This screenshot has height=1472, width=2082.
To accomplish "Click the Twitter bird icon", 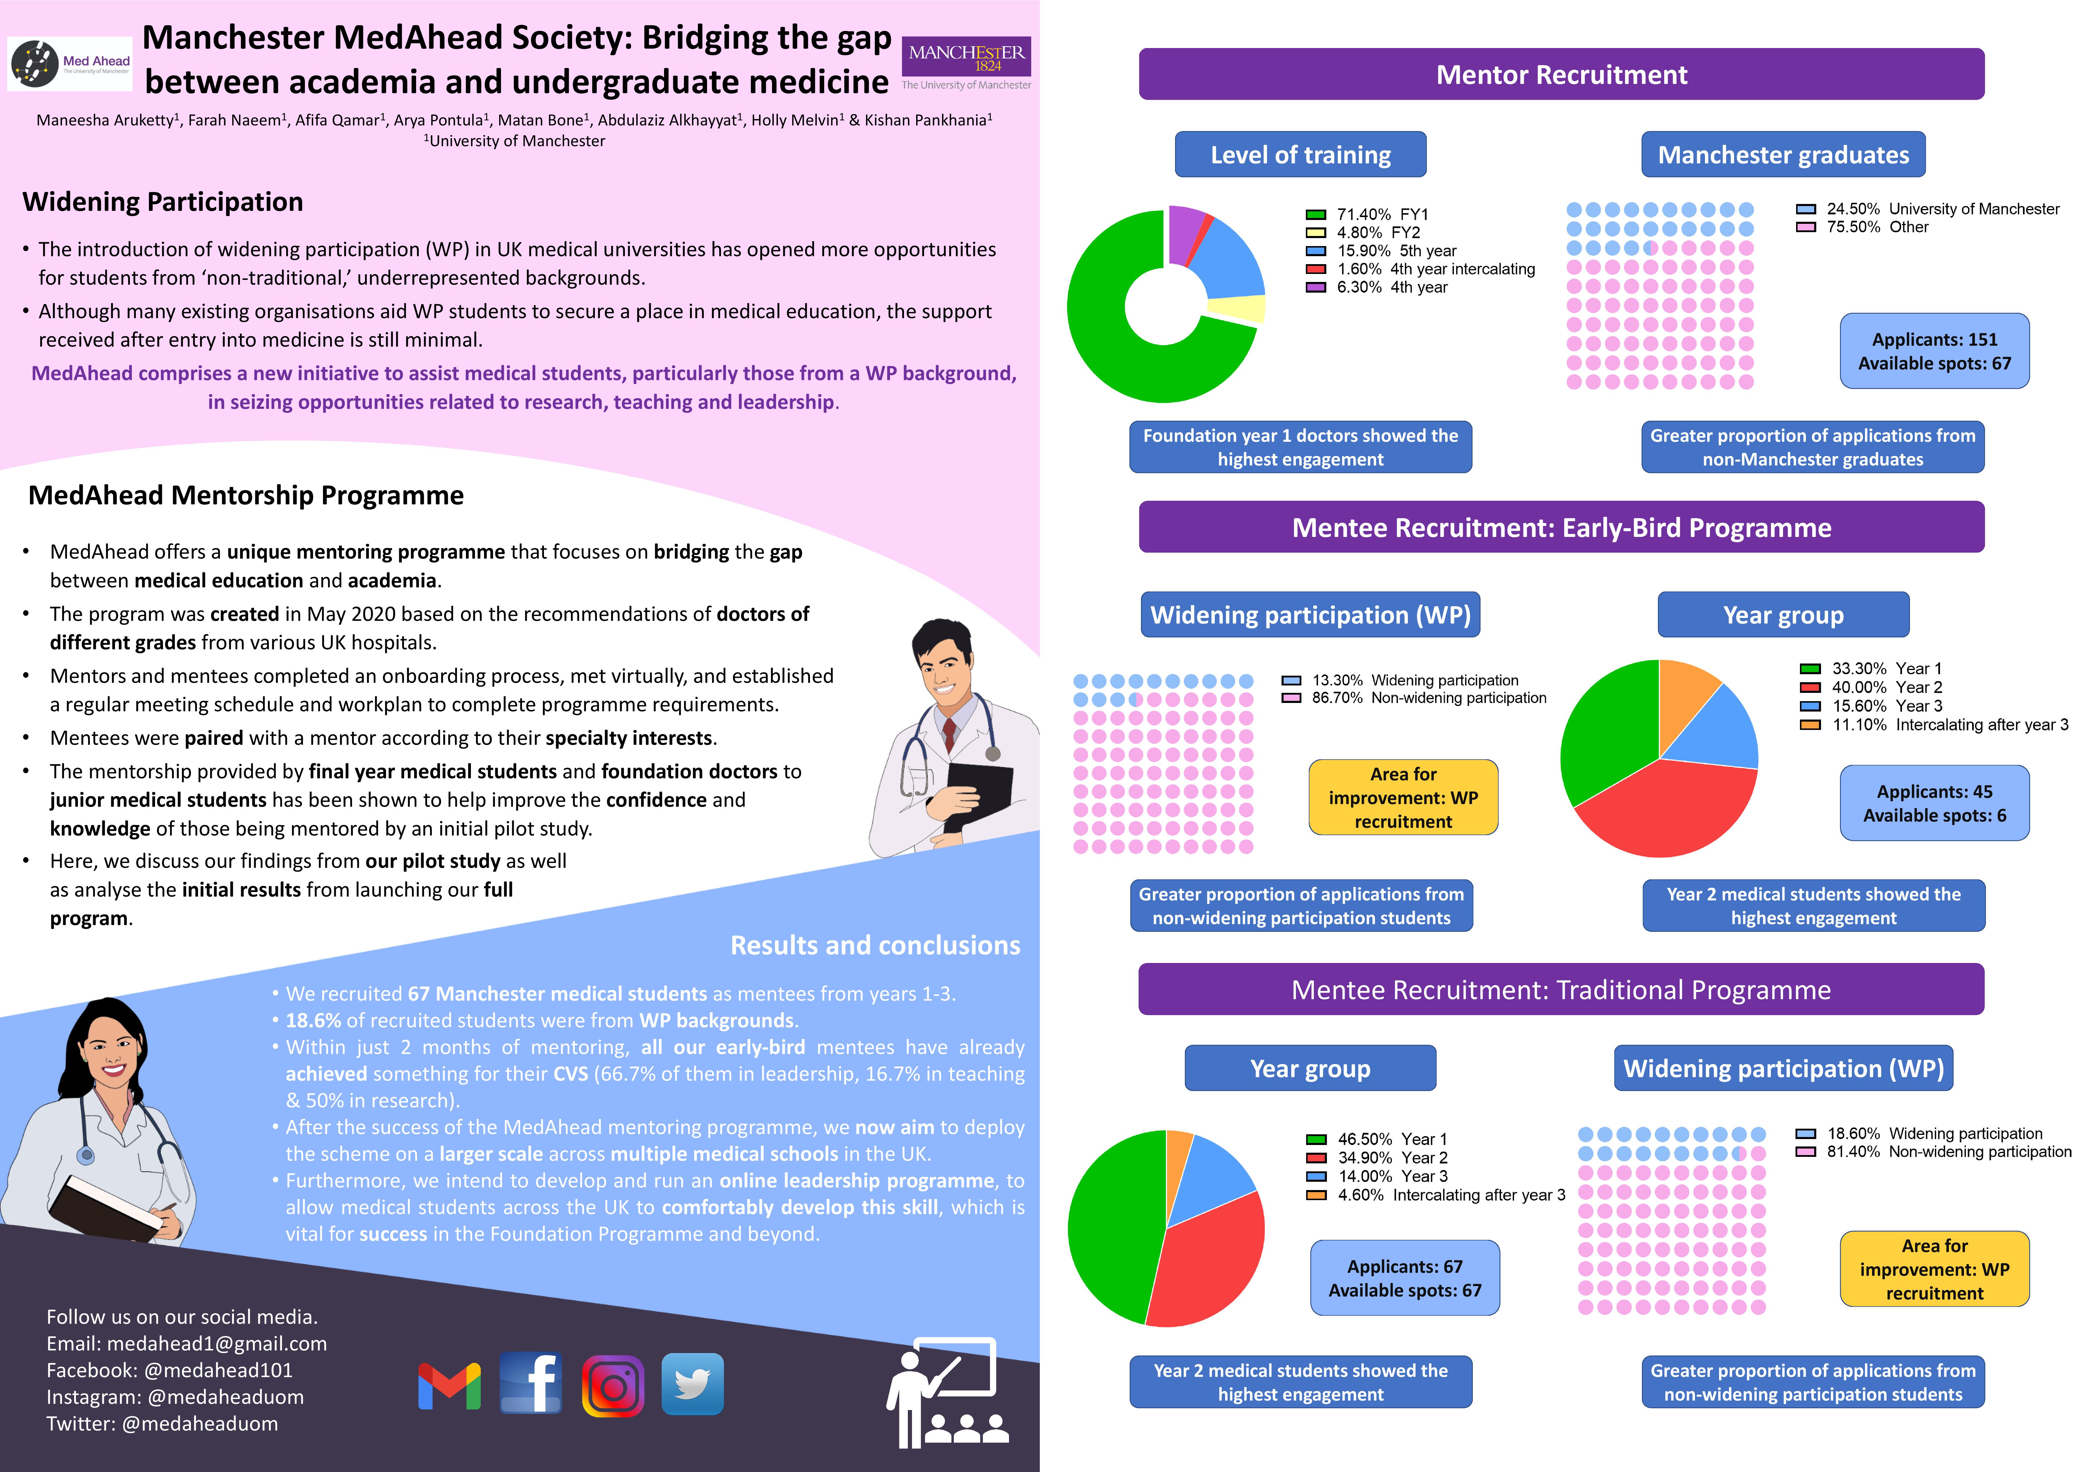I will (x=693, y=1384).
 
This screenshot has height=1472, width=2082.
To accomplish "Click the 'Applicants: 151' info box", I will (x=1934, y=351).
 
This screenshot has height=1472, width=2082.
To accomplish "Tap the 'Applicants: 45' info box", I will (x=1934, y=803).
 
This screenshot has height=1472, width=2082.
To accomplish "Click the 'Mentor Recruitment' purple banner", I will (x=1561, y=74).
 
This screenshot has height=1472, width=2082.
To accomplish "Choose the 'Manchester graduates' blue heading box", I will (x=1783, y=155).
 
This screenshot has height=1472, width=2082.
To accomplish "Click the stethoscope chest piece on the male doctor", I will (x=993, y=753).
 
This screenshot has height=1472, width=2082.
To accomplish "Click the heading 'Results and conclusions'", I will (x=875, y=945).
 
